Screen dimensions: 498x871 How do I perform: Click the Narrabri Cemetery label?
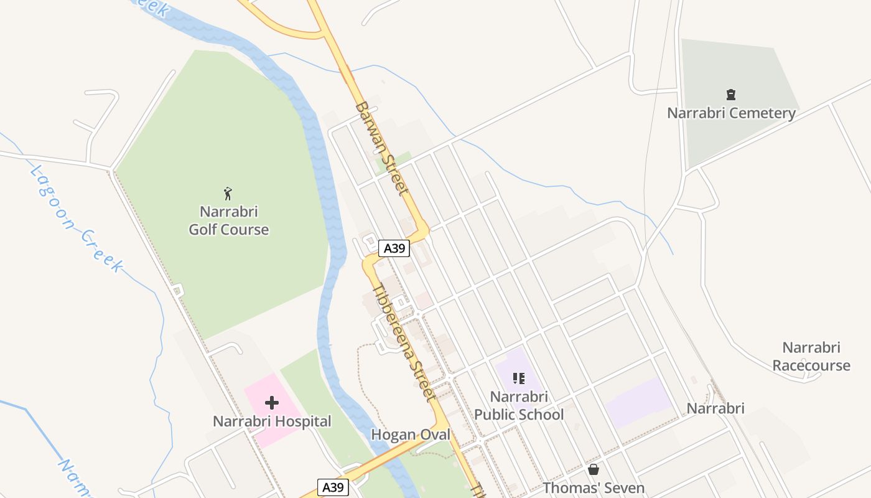tap(731, 113)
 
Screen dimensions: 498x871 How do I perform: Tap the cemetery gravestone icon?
tap(731, 95)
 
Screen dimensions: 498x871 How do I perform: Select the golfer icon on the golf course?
tap(228, 194)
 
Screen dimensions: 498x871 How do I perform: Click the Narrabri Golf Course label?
tap(229, 220)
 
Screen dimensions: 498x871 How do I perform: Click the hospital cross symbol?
tap(271, 402)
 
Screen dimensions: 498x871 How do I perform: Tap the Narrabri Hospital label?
tap(272, 421)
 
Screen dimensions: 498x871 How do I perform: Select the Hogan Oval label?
tap(410, 435)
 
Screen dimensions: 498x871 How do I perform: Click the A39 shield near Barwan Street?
tap(394, 248)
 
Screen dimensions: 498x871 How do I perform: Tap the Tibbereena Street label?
tap(403, 342)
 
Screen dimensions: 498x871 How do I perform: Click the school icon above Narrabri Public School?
tap(519, 378)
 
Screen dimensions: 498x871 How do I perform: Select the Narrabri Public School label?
tap(519, 406)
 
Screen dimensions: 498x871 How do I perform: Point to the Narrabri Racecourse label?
tap(811, 356)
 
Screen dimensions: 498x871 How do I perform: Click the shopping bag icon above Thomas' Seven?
tap(594, 469)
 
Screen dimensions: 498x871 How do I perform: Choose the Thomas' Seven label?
tap(594, 488)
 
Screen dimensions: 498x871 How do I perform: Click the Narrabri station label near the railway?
tap(715, 408)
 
